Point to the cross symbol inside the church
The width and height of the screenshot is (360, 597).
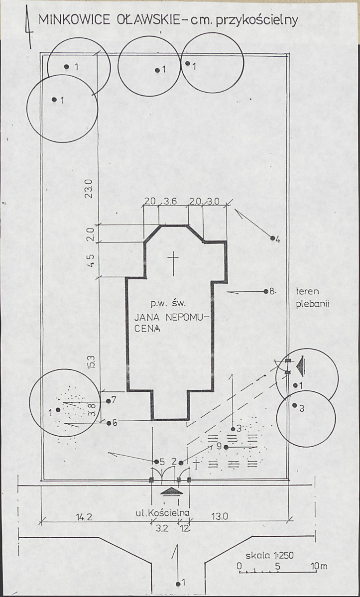coord(173,263)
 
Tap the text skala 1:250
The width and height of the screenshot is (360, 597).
coord(269,556)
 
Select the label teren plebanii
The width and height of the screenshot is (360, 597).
coord(312,298)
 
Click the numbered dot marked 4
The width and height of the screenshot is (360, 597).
coord(272,239)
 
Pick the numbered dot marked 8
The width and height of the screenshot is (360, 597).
coord(265,291)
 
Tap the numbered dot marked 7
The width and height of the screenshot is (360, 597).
coord(109,401)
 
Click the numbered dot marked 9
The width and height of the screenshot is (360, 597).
coord(226,447)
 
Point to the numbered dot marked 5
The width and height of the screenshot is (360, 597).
coord(156,462)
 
